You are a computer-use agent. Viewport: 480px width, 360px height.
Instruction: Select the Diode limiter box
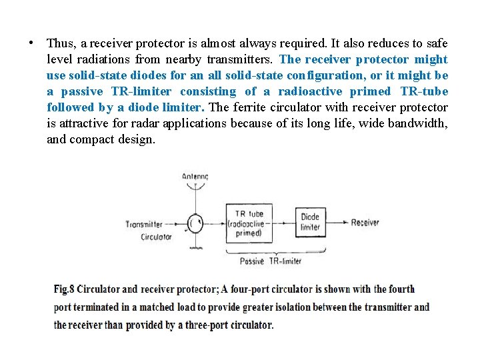pos(310,223)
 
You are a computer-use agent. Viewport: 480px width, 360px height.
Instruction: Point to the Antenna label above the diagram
pos(195,177)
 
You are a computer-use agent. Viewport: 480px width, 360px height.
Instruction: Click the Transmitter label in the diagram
pos(143,224)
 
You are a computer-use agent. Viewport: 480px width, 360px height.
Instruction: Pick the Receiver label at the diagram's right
pos(365,223)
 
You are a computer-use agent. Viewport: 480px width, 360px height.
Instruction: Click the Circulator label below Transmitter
pos(156,237)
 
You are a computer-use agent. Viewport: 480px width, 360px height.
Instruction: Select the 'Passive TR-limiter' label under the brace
pos(271,261)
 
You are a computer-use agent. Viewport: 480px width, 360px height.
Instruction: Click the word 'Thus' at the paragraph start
pos(61,43)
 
